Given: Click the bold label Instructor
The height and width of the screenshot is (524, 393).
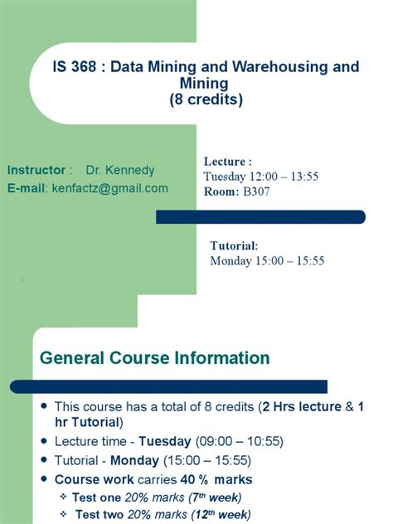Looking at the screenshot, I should point(36,170).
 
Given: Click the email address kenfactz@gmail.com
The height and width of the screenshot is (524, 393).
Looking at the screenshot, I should point(110,188).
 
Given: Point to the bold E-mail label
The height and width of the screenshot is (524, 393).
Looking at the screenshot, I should point(27,188).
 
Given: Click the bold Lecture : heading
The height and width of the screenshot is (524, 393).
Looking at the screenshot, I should point(227,161).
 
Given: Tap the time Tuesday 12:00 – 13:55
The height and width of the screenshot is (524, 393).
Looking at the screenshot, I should point(261,176).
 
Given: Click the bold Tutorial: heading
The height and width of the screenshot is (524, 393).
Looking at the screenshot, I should point(234,245).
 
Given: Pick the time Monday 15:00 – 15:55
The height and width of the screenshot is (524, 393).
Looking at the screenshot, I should point(267,260).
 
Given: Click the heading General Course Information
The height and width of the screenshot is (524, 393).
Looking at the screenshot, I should point(155,358).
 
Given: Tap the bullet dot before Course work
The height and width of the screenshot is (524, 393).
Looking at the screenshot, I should point(44,479).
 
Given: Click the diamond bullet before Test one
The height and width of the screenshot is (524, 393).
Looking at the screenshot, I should point(64,497).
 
